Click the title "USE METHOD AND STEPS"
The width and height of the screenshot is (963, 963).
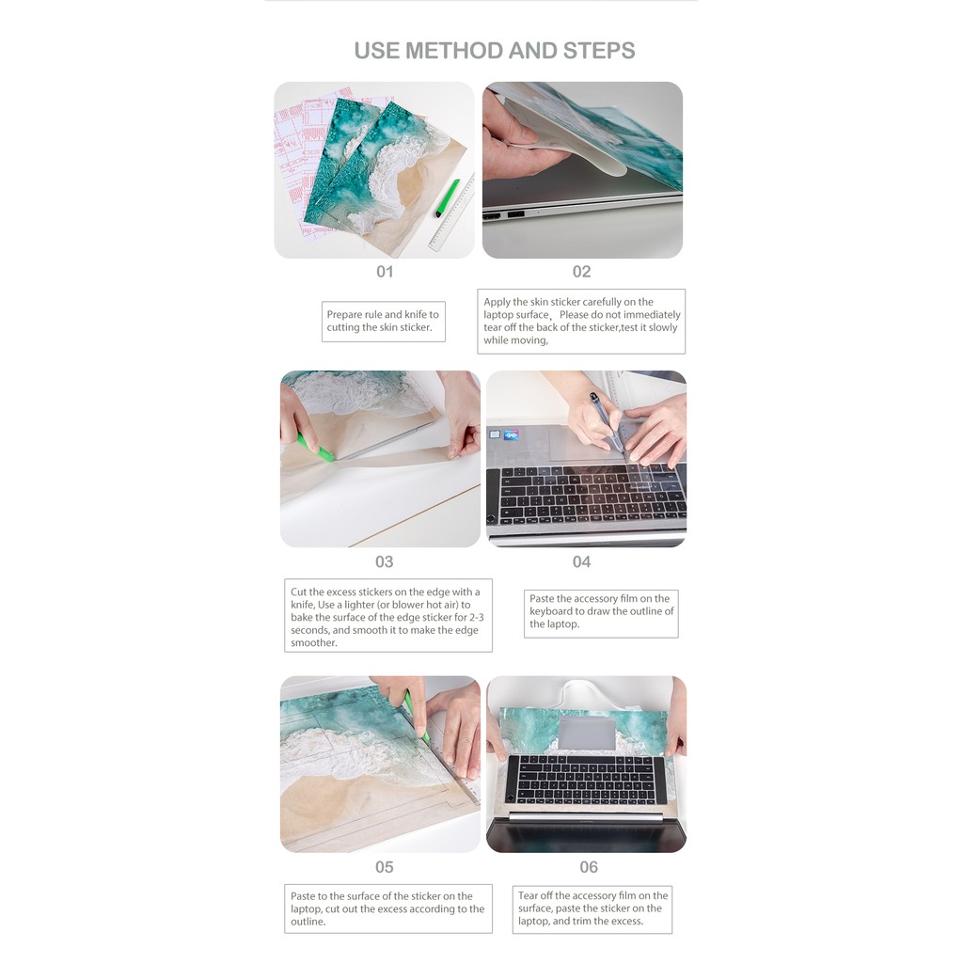pos(495,51)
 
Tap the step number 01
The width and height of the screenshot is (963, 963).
pos(385,272)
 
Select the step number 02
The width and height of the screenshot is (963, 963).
pos(581,272)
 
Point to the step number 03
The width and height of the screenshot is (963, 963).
pos(385,561)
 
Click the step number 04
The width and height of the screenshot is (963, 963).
pos(581,561)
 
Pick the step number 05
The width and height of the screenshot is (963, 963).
pos(385,866)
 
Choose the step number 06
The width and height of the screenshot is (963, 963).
pos(589,866)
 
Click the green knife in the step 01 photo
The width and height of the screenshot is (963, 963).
pos(448,197)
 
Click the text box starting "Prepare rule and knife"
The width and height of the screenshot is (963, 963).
pos(384,322)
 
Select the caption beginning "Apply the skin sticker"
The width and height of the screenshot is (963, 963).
pos(581,322)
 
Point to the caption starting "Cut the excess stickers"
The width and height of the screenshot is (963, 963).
pos(388,615)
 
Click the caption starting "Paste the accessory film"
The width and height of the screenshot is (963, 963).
pos(601,613)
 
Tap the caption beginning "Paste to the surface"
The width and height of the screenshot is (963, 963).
pos(388,909)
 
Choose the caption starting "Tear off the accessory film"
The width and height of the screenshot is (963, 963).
pos(592,909)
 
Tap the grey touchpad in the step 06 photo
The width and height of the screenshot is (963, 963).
pos(587,733)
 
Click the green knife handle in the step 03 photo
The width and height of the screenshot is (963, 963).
pos(316,448)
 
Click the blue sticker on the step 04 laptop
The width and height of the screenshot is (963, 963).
pos(511,434)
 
